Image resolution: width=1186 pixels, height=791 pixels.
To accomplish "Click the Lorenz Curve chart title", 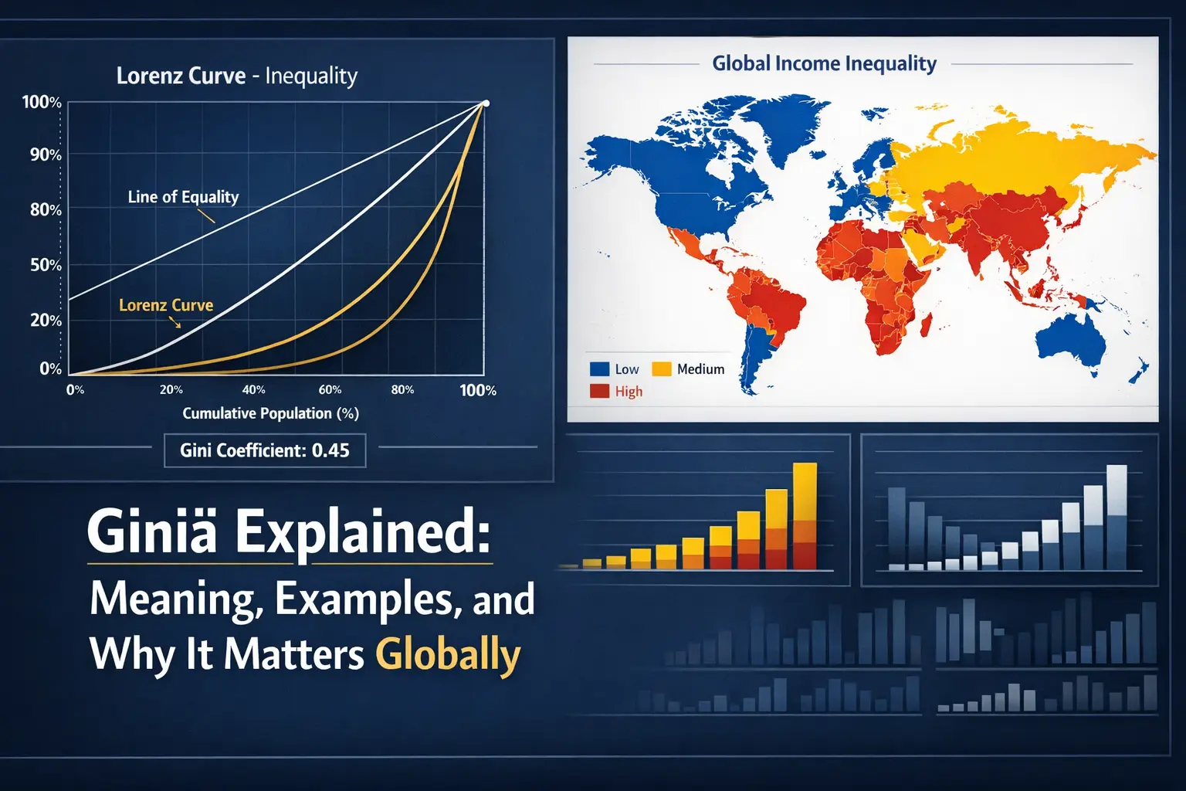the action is [237, 76].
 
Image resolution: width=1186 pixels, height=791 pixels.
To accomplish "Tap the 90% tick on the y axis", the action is [46, 155].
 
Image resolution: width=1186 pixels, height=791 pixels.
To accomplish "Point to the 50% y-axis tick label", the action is [46, 265].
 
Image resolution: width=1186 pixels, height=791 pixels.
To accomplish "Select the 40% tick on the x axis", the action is [253, 390].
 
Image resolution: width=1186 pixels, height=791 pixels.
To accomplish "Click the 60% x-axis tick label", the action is [330, 390].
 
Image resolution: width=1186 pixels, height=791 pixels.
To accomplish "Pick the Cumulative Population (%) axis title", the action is [270, 413].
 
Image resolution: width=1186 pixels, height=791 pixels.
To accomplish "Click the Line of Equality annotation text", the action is [183, 197].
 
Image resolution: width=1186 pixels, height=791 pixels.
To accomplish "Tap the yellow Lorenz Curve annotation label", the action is [166, 305].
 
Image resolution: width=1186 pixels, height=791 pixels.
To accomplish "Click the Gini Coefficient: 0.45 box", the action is [265, 450].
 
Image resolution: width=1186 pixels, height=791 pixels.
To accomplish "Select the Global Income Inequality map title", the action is [824, 63].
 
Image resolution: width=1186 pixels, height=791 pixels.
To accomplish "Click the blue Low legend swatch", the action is [599, 368].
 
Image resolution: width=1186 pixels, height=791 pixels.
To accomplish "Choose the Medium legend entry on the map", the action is [688, 368].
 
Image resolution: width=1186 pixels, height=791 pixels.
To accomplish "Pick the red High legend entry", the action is [615, 392].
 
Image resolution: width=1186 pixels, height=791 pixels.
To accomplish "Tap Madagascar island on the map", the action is [926, 324].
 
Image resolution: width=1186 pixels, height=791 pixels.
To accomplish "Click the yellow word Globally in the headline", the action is [448, 655].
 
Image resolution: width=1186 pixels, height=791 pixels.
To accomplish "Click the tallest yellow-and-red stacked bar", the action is [805, 516].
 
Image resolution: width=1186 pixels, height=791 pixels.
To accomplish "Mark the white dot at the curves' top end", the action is [486, 104].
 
